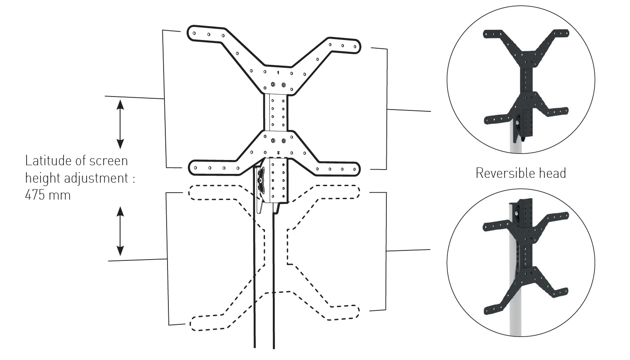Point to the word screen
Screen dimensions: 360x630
108,161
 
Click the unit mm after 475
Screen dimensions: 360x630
61,195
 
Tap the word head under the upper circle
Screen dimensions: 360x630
553,173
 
